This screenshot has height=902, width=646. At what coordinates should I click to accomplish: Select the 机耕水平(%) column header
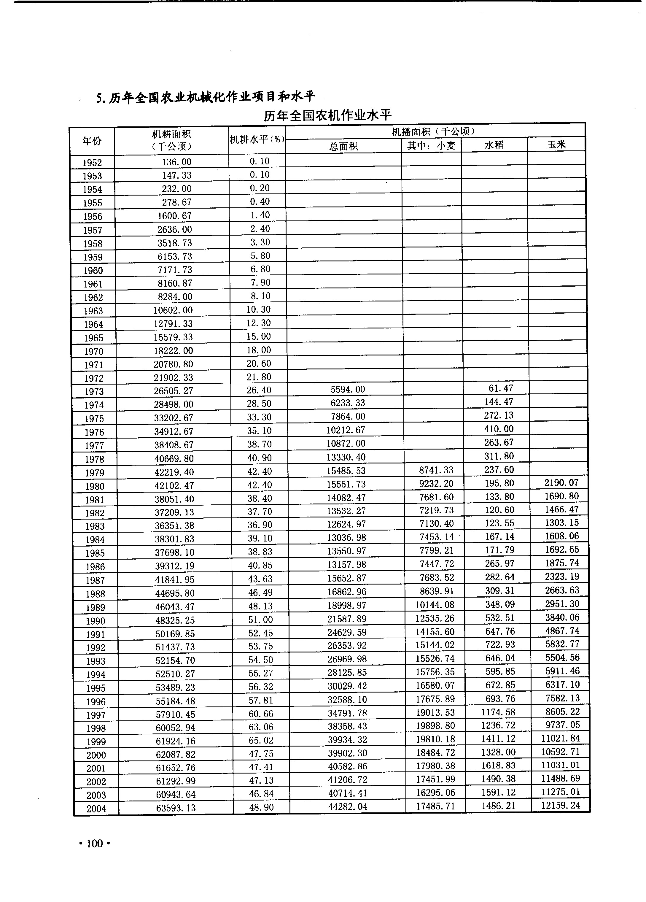pyautogui.click(x=257, y=139)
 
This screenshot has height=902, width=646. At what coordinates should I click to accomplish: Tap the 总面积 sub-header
pyautogui.click(x=343, y=146)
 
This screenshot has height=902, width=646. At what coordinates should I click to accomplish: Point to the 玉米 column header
pyautogui.click(x=556, y=144)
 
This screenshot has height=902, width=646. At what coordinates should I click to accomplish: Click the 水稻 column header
pyautogui.click(x=494, y=145)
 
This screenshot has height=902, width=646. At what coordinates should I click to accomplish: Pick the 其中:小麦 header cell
pyautogui.click(x=431, y=146)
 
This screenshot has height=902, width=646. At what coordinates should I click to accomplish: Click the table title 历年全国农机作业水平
pyautogui.click(x=327, y=116)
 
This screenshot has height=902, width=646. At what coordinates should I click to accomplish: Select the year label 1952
pyautogui.click(x=92, y=163)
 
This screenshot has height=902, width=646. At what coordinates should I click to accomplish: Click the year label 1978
pyautogui.click(x=94, y=459)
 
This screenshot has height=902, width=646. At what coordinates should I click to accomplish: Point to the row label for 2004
pyautogui.click(x=96, y=809)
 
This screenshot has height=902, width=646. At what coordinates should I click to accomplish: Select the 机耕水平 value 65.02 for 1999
pyautogui.click(x=261, y=740)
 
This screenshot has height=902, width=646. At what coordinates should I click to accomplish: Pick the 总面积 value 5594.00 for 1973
pyautogui.click(x=348, y=389)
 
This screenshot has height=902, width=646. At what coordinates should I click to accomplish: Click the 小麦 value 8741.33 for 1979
pyautogui.click(x=436, y=470)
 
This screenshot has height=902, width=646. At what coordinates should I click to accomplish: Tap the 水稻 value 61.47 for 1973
pyautogui.click(x=500, y=388)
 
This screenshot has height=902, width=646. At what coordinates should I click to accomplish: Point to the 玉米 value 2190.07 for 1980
pyautogui.click(x=561, y=482)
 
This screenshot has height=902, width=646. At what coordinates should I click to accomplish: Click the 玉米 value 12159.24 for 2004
pyautogui.click(x=561, y=805)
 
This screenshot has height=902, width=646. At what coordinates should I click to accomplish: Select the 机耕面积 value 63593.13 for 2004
pyautogui.click(x=175, y=808)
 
